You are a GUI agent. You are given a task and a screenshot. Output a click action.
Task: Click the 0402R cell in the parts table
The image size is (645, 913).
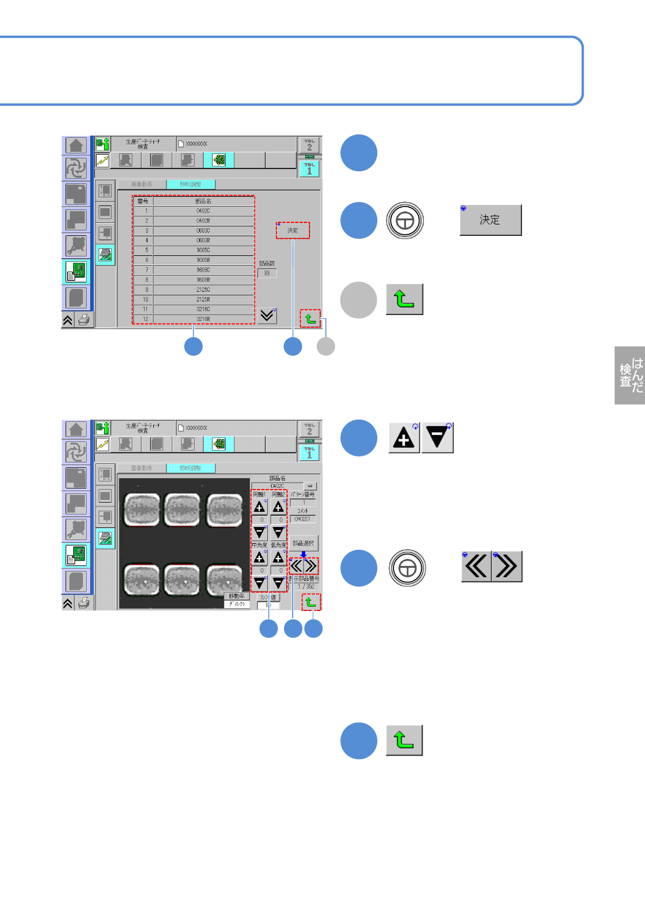click(x=203, y=221)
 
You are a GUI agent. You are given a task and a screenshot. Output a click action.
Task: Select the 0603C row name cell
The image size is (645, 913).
click(x=203, y=230)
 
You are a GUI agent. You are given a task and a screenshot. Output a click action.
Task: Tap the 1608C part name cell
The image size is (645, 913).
click(x=203, y=269)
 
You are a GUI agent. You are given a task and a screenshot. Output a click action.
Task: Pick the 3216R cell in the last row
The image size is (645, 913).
click(x=203, y=319)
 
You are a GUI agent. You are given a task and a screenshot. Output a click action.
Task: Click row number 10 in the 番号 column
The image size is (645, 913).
click(x=145, y=299)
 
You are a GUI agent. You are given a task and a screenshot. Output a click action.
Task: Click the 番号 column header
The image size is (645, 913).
click(x=143, y=201)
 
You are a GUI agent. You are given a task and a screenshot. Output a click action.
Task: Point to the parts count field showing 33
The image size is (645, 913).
click(x=267, y=273)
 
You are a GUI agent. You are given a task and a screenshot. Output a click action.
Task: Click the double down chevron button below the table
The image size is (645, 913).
click(x=267, y=315)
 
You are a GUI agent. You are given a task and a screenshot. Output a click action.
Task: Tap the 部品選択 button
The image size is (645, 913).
click(x=303, y=543)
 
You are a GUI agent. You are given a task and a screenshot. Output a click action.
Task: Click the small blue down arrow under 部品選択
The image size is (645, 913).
click(x=304, y=554)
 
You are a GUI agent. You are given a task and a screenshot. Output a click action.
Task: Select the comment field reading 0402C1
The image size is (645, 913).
click(x=302, y=519)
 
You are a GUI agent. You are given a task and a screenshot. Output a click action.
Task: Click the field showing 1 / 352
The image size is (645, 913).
click(x=306, y=587)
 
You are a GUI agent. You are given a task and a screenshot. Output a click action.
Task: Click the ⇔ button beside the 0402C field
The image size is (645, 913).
click(x=310, y=486)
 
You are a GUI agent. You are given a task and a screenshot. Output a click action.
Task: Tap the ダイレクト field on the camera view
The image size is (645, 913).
click(x=237, y=603)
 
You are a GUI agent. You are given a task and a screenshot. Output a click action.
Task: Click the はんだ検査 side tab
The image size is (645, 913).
click(x=630, y=375)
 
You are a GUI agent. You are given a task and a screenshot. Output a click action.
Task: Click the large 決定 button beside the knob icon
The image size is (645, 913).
click(x=491, y=220)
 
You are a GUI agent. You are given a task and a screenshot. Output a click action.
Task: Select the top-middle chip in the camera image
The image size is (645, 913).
click(x=182, y=510)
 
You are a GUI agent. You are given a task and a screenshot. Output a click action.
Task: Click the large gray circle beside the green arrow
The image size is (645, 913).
click(x=358, y=300)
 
